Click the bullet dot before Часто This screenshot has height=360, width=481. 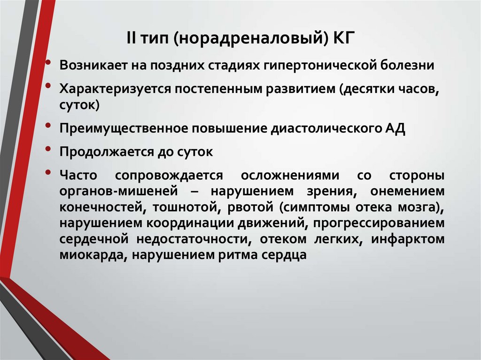click(x=49, y=173)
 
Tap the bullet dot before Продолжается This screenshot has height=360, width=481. click(x=49, y=149)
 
